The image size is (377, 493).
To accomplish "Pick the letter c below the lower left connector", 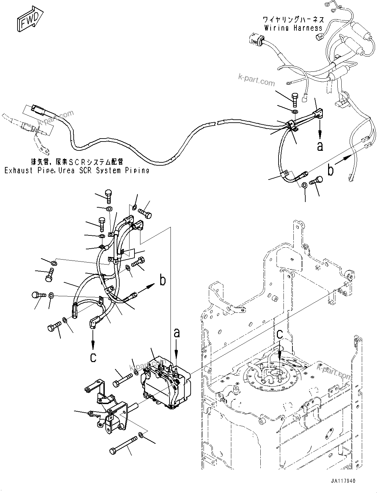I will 94,357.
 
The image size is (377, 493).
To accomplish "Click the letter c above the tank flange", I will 280,335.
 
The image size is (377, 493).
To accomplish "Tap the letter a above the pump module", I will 177,333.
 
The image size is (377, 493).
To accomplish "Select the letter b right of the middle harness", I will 162,280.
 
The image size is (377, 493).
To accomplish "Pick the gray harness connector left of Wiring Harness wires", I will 256,39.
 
